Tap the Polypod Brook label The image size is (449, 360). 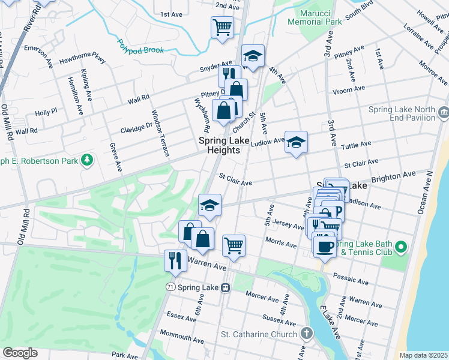click(x=140, y=46)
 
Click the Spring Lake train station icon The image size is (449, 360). click(x=226, y=287)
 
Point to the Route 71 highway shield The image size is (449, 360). click(x=172, y=287)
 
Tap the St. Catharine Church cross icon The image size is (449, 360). click(x=307, y=334)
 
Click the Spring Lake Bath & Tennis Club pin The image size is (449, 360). click(x=402, y=246)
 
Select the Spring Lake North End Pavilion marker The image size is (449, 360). click(x=444, y=111)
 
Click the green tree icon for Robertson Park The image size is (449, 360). click(x=88, y=159)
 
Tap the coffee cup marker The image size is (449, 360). click(x=325, y=246)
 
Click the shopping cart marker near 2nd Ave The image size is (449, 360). click(x=222, y=27)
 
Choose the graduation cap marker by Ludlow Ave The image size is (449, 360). click(x=296, y=143)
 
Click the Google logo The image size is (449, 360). click(x=20, y=352)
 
